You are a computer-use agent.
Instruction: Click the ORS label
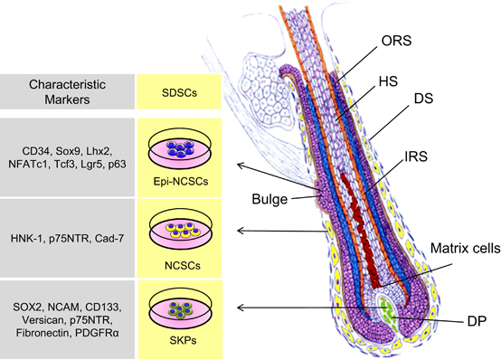click(x=396, y=41)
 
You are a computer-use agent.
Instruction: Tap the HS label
click(x=388, y=81)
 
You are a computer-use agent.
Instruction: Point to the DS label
click(x=423, y=99)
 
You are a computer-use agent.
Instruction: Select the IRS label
click(x=416, y=156)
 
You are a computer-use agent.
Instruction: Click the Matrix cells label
click(x=465, y=248)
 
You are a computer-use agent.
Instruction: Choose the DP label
click(x=477, y=321)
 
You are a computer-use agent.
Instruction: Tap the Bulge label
click(x=269, y=199)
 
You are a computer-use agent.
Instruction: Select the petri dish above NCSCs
click(x=181, y=229)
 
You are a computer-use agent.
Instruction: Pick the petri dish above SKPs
click(x=181, y=307)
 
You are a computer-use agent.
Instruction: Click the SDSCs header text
click(x=179, y=93)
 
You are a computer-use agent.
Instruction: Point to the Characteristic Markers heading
click(x=67, y=92)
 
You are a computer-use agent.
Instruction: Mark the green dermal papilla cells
click(x=389, y=312)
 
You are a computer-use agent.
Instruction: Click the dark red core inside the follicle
click(x=360, y=230)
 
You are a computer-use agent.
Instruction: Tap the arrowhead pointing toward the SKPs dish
click(x=241, y=308)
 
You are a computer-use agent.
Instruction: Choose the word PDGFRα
click(x=97, y=333)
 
